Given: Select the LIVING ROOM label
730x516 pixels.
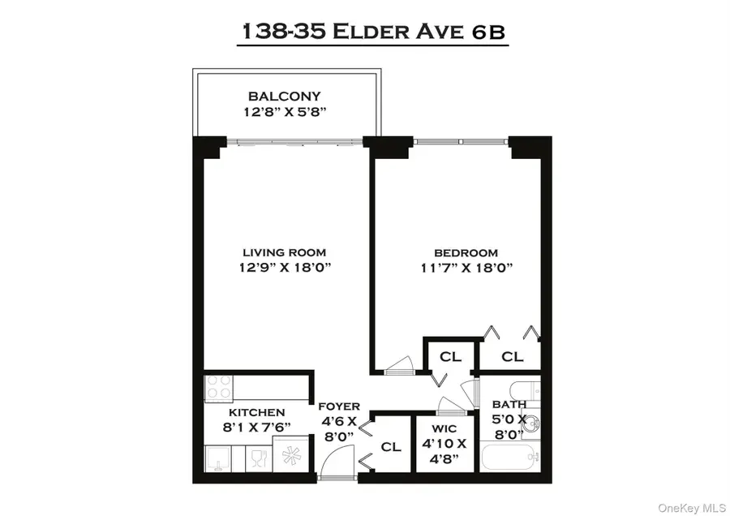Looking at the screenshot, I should (278, 252).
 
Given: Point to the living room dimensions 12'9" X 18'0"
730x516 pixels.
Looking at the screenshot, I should (278, 268).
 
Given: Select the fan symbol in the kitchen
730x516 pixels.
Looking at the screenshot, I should (290, 456).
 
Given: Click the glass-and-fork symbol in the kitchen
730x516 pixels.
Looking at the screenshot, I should (256, 458).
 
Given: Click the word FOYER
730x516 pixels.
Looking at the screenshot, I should (338, 406).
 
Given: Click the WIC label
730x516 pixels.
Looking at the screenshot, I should (444, 428).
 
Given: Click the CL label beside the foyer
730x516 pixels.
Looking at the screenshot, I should (391, 446).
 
